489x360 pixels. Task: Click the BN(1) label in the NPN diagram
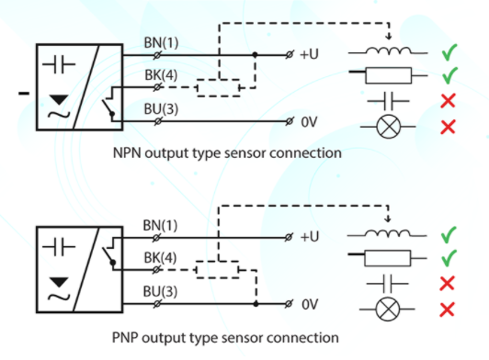pyautogui.click(x=161, y=42)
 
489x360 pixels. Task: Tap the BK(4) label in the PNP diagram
pyautogui.click(x=160, y=258)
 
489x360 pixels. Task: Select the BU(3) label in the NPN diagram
pyautogui.click(x=161, y=109)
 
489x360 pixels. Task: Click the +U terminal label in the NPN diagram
pyautogui.click(x=309, y=54)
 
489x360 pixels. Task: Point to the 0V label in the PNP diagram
pyautogui.click(x=310, y=305)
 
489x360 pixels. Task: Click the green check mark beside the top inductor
pyautogui.click(x=449, y=52)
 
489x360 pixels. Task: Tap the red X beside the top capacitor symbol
pyautogui.click(x=448, y=101)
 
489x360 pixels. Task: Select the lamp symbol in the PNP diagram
pyautogui.click(x=387, y=309)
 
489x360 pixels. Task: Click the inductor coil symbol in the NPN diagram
pyautogui.click(x=388, y=51)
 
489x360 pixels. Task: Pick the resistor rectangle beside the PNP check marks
pyautogui.click(x=387, y=258)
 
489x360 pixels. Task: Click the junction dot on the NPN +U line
pyautogui.click(x=256, y=55)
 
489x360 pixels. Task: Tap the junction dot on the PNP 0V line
pyautogui.click(x=256, y=304)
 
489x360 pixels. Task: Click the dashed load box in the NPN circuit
pyautogui.click(x=219, y=88)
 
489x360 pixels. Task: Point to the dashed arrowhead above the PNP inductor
pyautogui.click(x=388, y=219)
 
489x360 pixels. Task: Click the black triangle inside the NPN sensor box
pyautogui.click(x=59, y=100)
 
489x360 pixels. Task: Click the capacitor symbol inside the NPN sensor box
pyautogui.click(x=59, y=64)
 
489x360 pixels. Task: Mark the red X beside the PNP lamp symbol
pyautogui.click(x=447, y=309)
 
